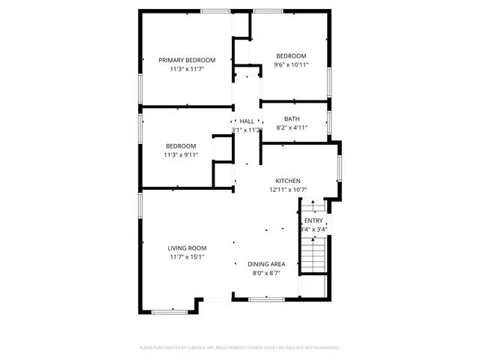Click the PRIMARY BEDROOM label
tap(187, 60)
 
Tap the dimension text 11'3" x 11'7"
tap(187, 69)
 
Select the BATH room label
tap(292, 118)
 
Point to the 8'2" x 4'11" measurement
tap(292, 127)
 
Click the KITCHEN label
tap(288, 181)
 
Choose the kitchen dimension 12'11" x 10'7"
tap(288, 190)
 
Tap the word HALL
tap(247, 121)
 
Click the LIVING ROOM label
tap(187, 248)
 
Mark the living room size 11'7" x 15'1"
tap(187, 257)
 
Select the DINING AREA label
tap(266, 264)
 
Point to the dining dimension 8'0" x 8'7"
tap(266, 273)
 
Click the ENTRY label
tap(313, 220)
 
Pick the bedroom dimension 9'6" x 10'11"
tap(291, 65)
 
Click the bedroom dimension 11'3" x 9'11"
tap(181, 155)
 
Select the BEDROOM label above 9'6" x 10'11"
tap(291, 56)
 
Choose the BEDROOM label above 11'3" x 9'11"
tap(181, 146)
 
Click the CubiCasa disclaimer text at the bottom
tap(240, 348)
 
